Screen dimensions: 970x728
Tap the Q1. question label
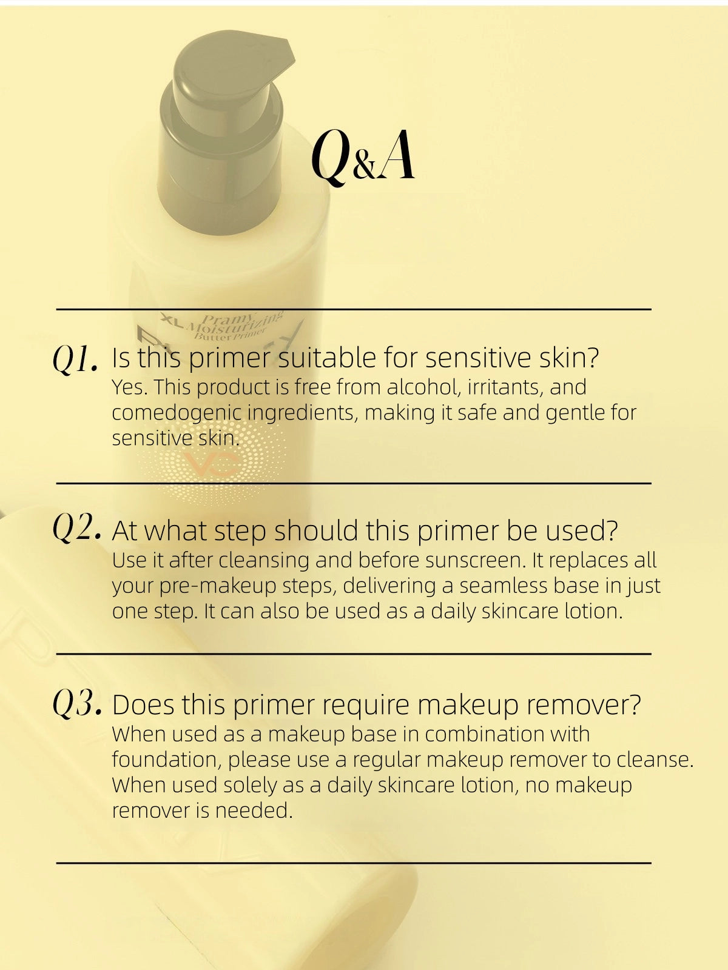coord(75,360)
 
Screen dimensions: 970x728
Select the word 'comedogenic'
coord(177,413)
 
